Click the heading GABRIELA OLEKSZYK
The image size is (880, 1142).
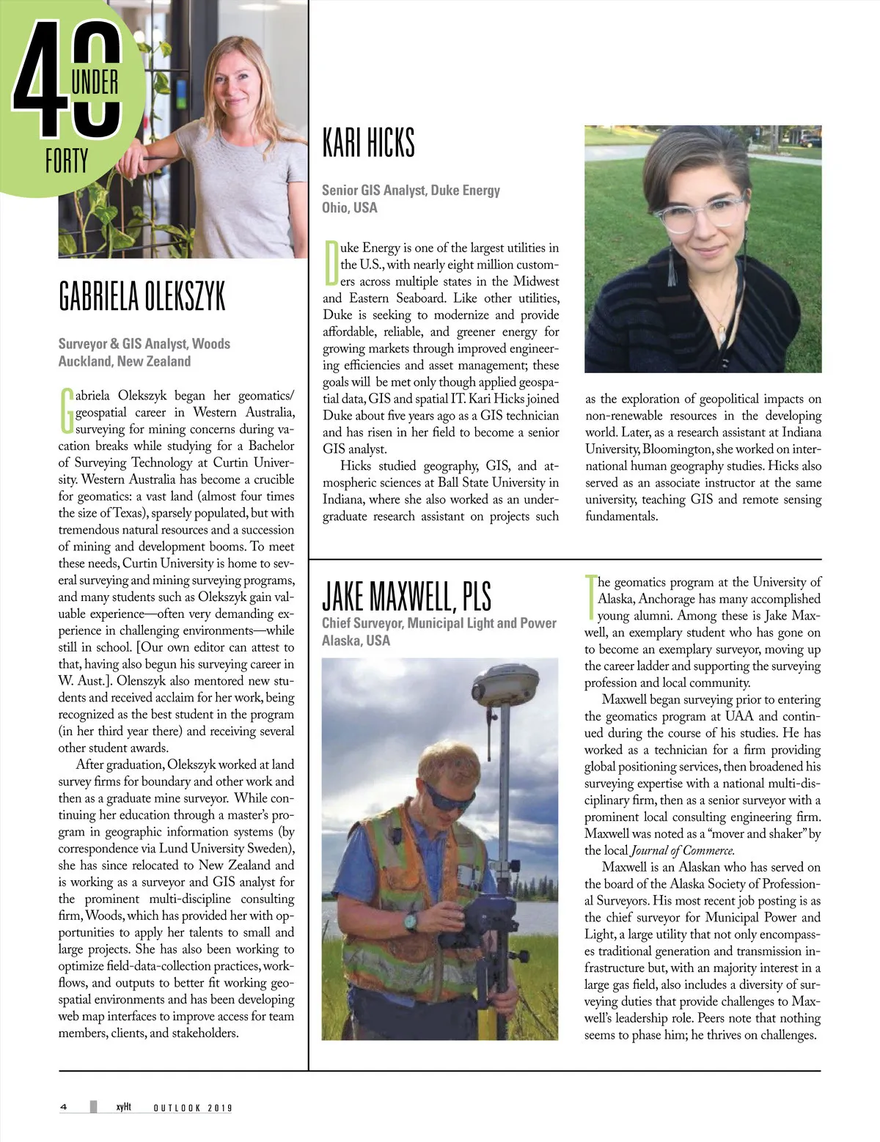(142, 297)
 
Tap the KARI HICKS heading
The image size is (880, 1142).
(369, 142)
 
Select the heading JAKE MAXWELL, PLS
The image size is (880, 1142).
(406, 597)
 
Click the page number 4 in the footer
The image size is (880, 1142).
(64, 1107)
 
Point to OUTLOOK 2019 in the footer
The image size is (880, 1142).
(192, 1108)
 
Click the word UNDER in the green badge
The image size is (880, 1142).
(95, 83)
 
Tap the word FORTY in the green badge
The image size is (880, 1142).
(67, 161)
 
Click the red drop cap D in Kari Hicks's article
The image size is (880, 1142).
(331, 264)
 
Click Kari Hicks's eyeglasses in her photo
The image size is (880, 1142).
(698, 213)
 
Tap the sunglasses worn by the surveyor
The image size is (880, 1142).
(447, 798)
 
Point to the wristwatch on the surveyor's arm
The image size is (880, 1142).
(411, 921)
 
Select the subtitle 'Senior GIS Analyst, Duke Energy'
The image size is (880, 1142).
(411, 191)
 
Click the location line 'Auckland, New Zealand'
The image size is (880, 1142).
(125, 361)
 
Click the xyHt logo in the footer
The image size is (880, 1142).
(123, 1107)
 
